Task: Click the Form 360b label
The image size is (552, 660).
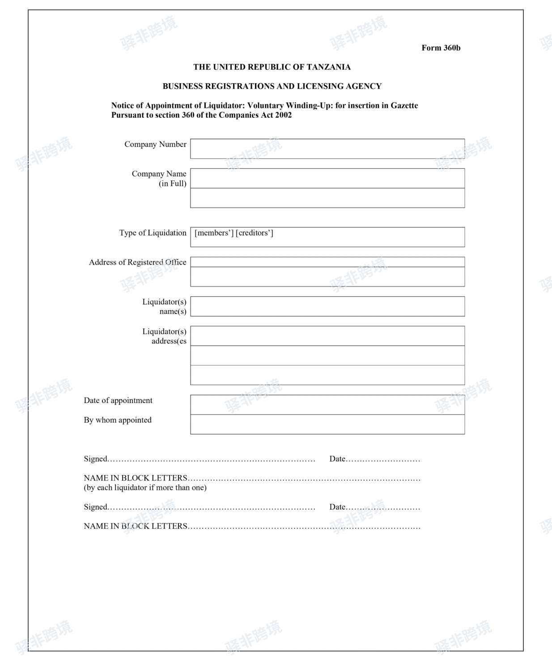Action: point(441,48)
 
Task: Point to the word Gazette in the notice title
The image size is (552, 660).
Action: point(404,106)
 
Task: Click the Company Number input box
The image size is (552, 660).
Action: point(327,149)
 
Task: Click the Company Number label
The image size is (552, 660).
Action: point(155,144)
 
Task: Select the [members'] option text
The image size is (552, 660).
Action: point(214,233)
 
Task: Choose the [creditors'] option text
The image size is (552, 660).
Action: point(254,233)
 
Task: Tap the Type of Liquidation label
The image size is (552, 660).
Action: point(153,233)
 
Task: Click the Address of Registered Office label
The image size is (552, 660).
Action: point(137,262)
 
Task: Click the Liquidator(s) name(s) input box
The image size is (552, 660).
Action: point(327,306)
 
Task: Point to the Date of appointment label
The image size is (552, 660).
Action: point(118,400)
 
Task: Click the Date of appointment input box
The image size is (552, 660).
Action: point(327,405)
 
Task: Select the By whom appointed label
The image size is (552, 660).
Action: point(118,420)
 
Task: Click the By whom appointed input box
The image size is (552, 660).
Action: point(327,424)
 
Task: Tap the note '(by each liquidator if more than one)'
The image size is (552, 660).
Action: point(145,488)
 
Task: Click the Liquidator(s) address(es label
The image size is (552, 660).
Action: point(164,336)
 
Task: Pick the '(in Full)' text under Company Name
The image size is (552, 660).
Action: point(172,184)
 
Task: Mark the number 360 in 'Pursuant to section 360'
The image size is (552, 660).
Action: point(188,115)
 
